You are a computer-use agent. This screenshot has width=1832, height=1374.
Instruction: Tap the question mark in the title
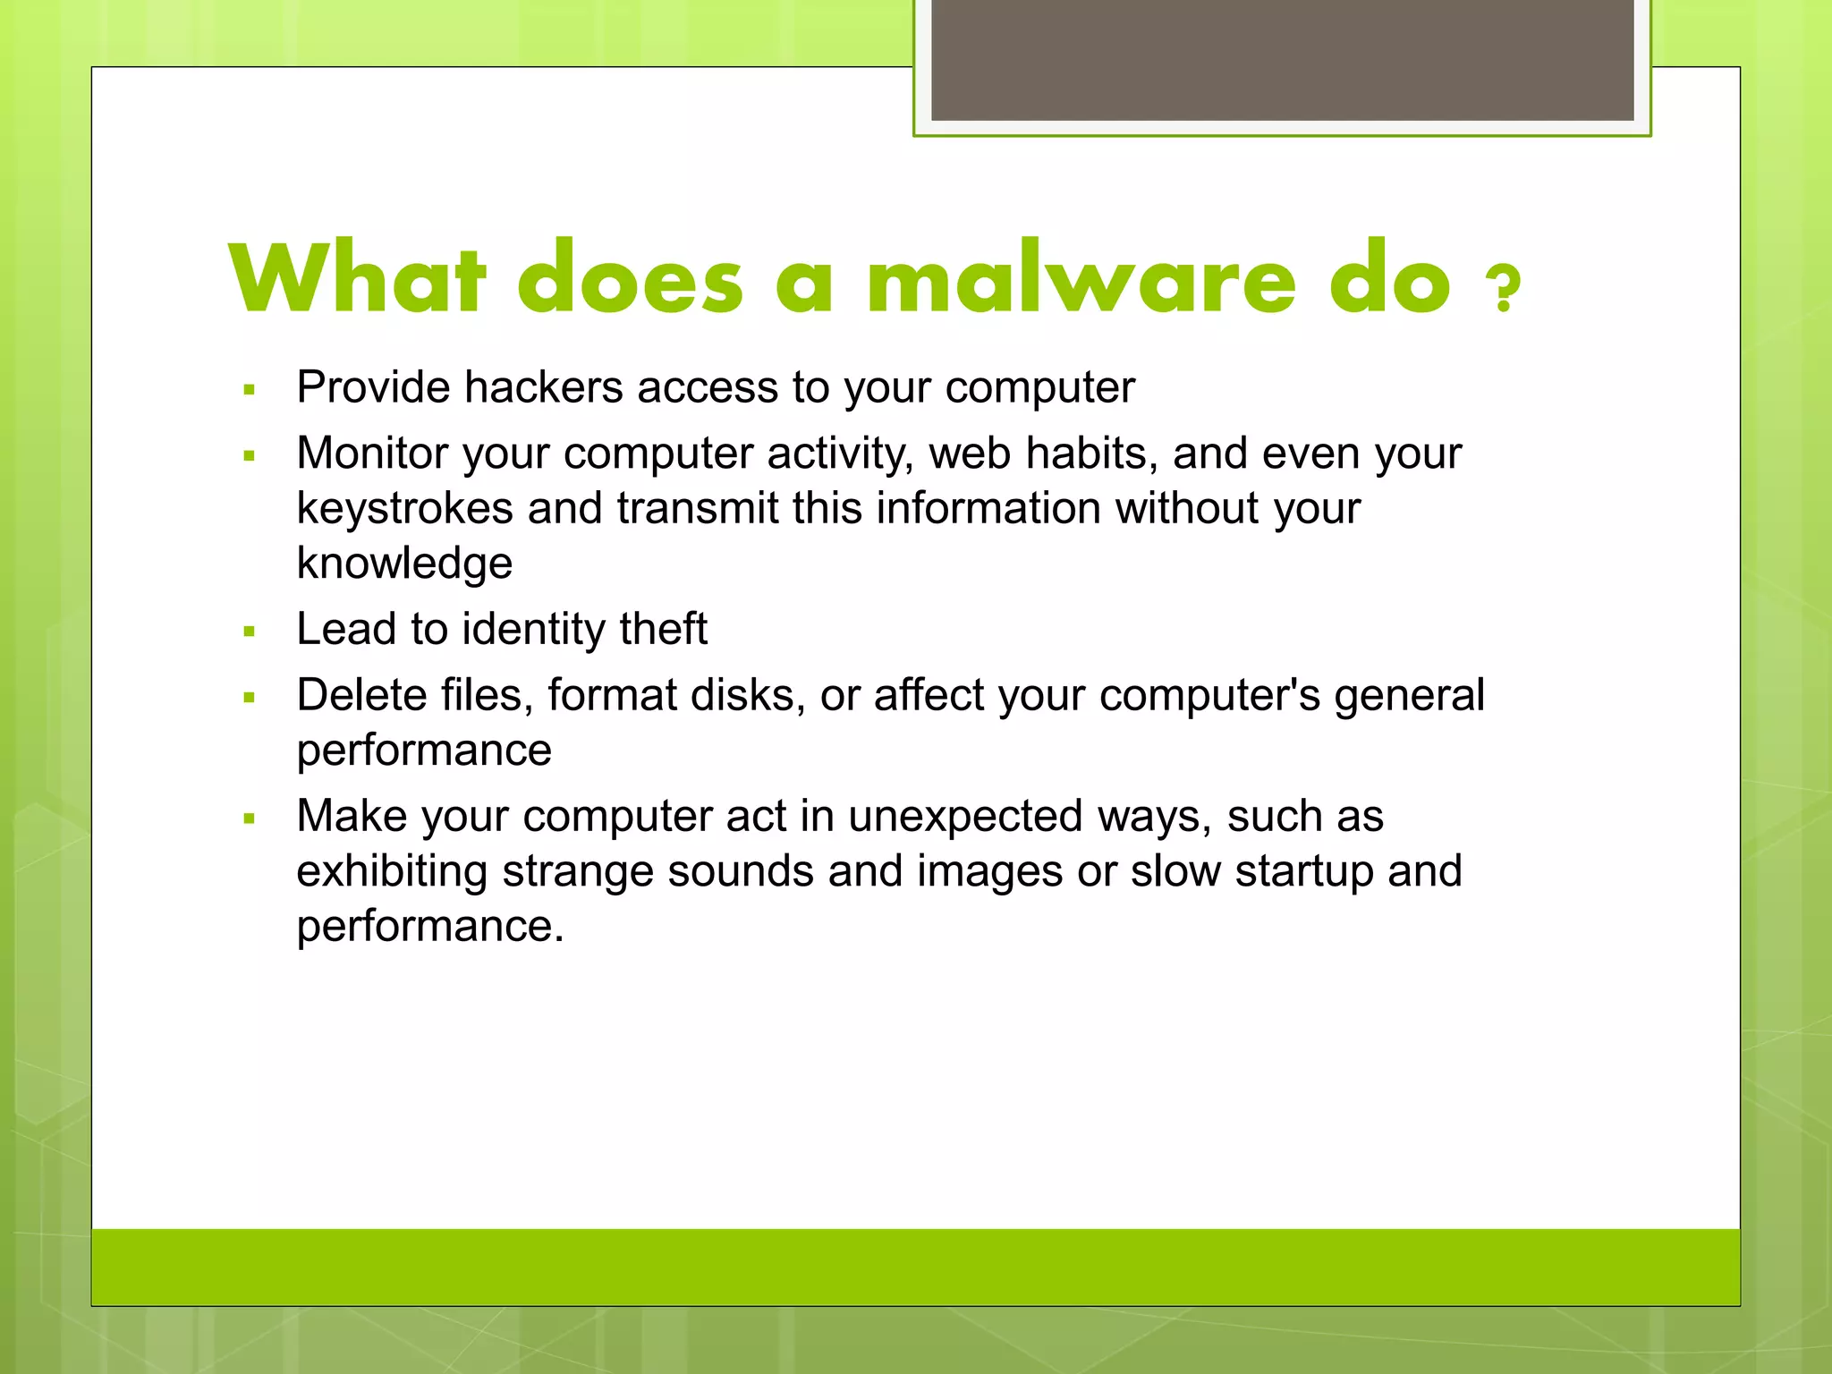[1503, 288]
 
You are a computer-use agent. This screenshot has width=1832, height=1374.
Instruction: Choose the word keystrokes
[404, 508]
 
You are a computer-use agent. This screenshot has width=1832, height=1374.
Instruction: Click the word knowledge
[404, 564]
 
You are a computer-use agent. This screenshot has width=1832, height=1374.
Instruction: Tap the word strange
[577, 871]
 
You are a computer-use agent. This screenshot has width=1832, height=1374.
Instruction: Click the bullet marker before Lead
[250, 632]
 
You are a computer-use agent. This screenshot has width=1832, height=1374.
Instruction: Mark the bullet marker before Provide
[250, 390]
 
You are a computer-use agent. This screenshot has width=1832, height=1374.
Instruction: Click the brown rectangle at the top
[1282, 59]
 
